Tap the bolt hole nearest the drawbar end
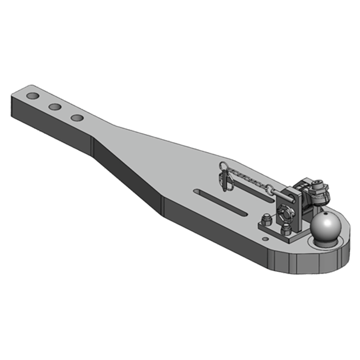point(33,96)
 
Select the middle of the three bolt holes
point(55,107)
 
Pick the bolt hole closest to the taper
point(77,118)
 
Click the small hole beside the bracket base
point(266,238)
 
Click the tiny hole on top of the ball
point(325,215)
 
